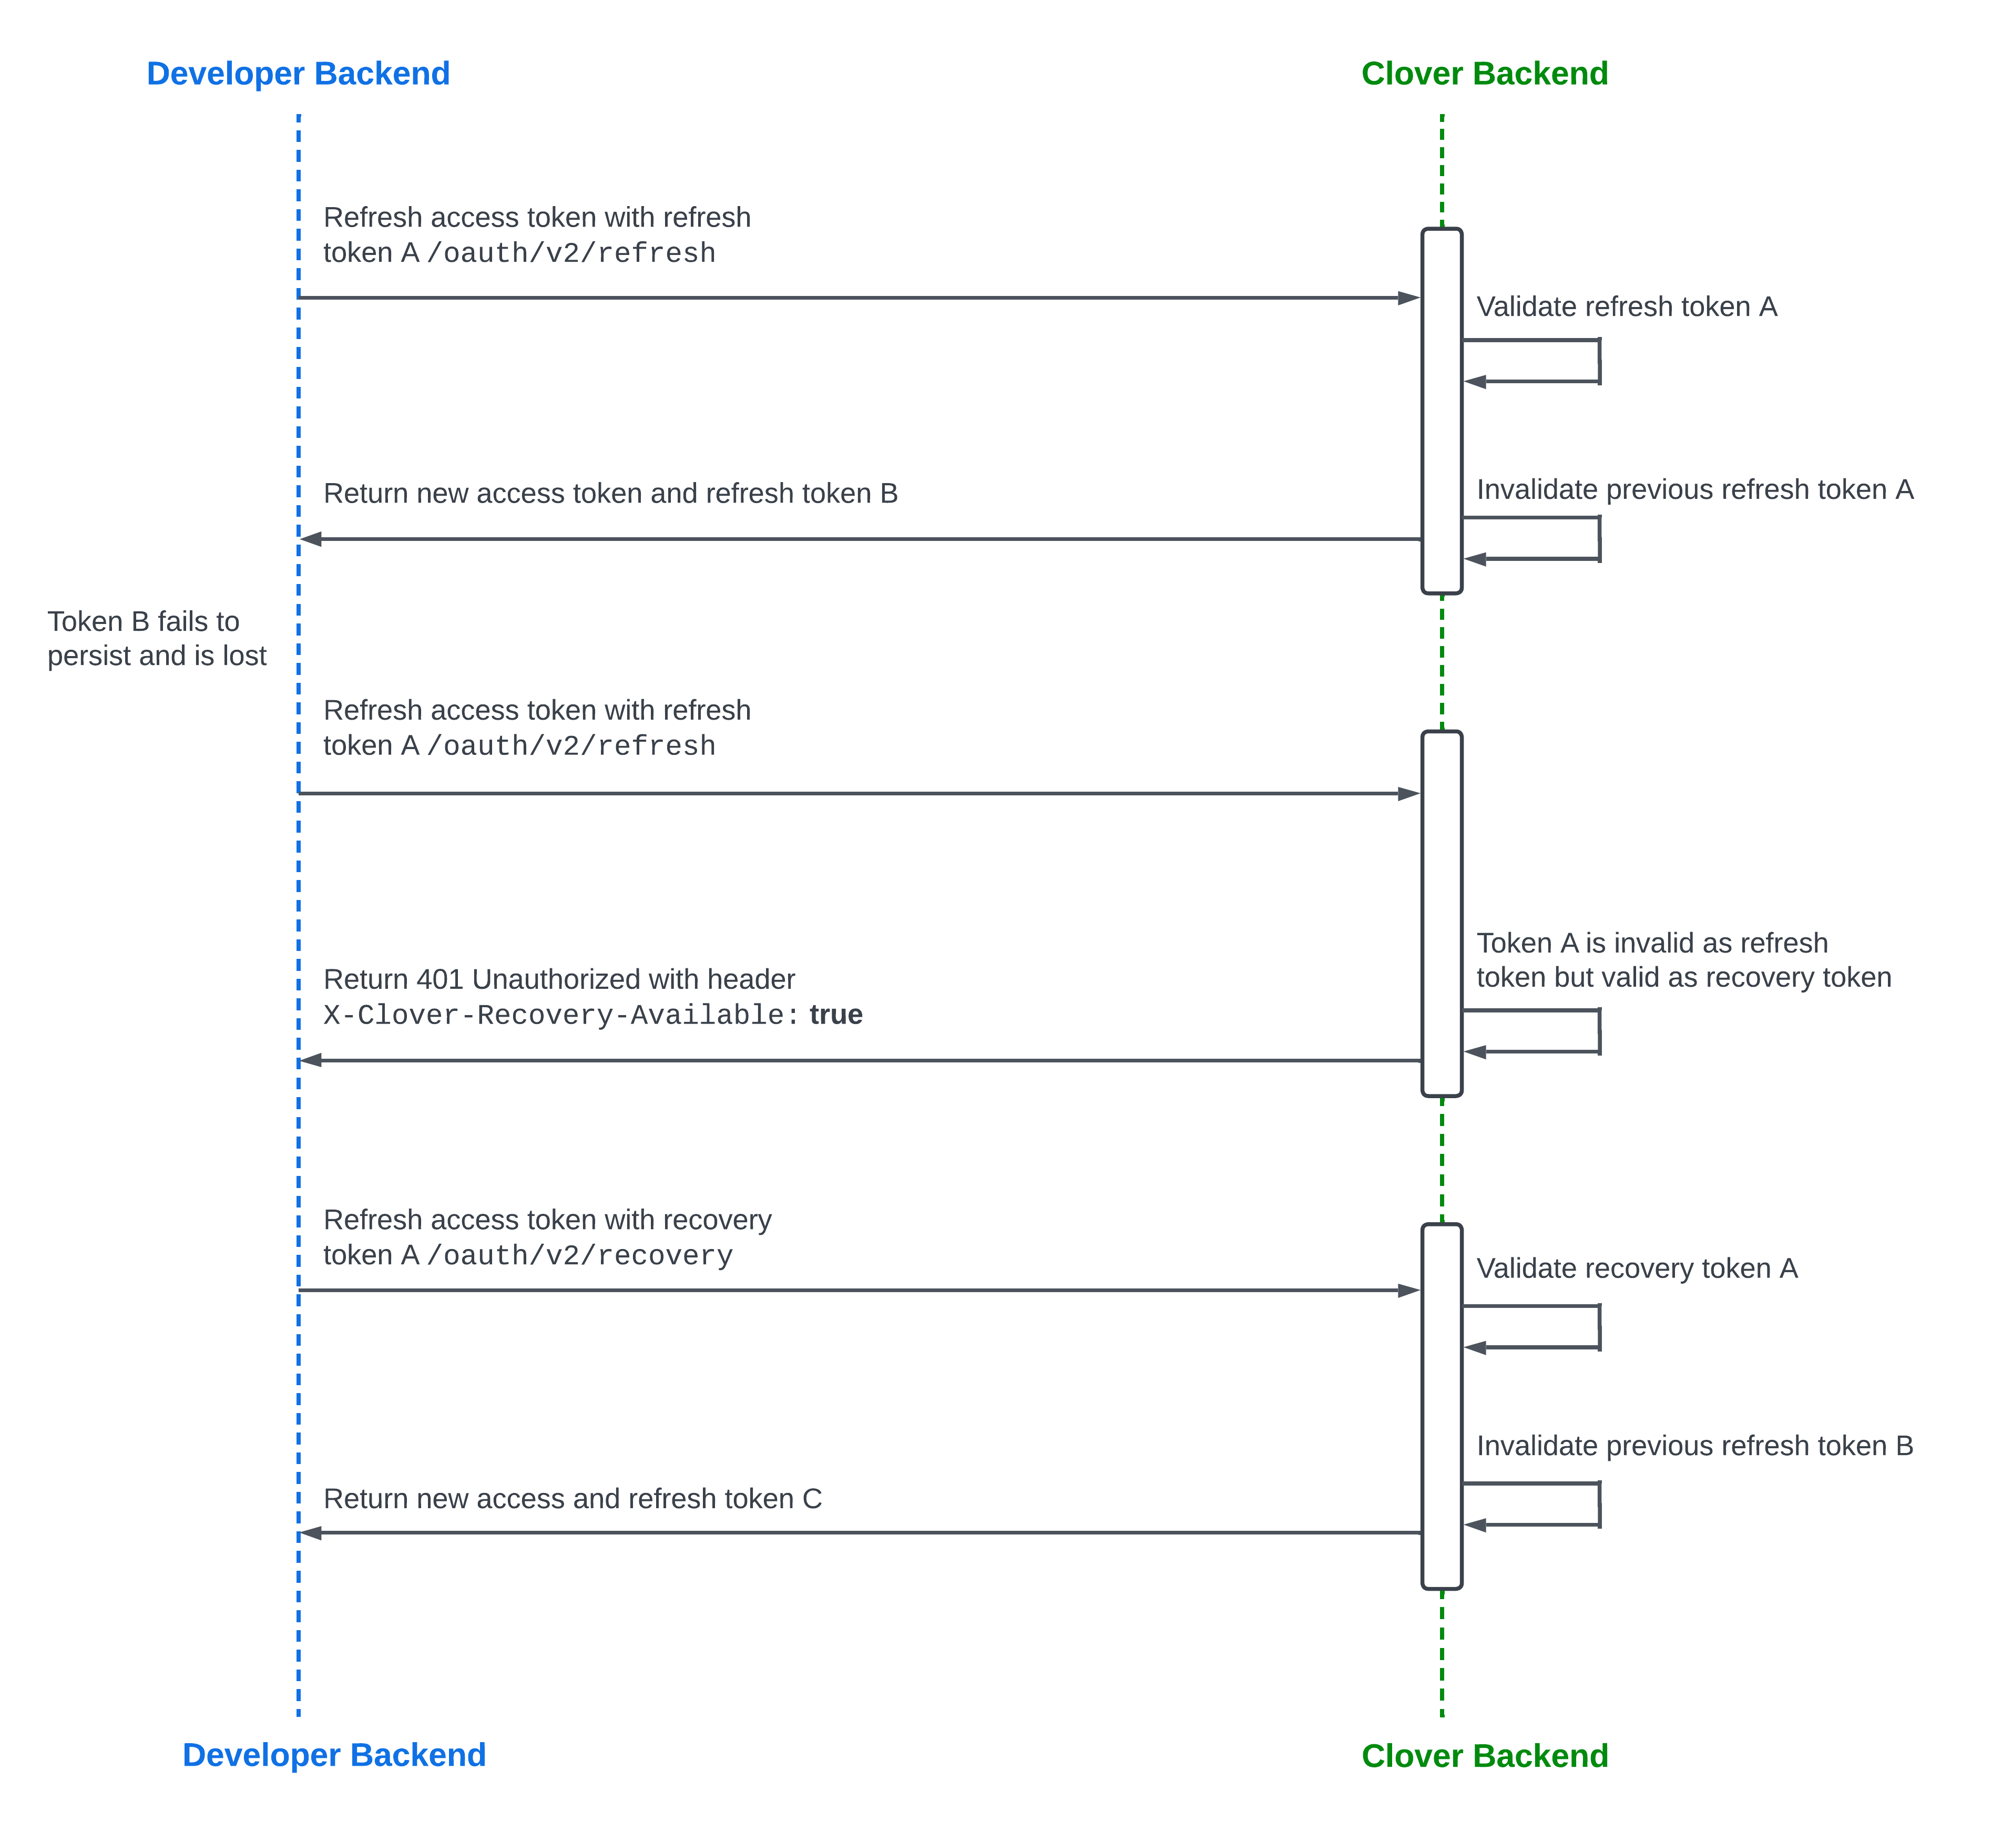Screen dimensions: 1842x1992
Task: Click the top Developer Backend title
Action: tap(298, 74)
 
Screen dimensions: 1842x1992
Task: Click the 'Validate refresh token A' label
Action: tap(1626, 307)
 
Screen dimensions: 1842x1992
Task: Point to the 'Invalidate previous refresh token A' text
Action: tap(1694, 489)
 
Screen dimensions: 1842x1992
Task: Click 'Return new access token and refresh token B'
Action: tap(610, 494)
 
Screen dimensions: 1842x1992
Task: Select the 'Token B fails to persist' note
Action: tap(157, 638)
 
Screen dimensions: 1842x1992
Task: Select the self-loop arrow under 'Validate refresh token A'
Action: tap(1535, 361)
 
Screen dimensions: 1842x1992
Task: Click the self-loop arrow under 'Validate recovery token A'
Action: tap(1535, 1327)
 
